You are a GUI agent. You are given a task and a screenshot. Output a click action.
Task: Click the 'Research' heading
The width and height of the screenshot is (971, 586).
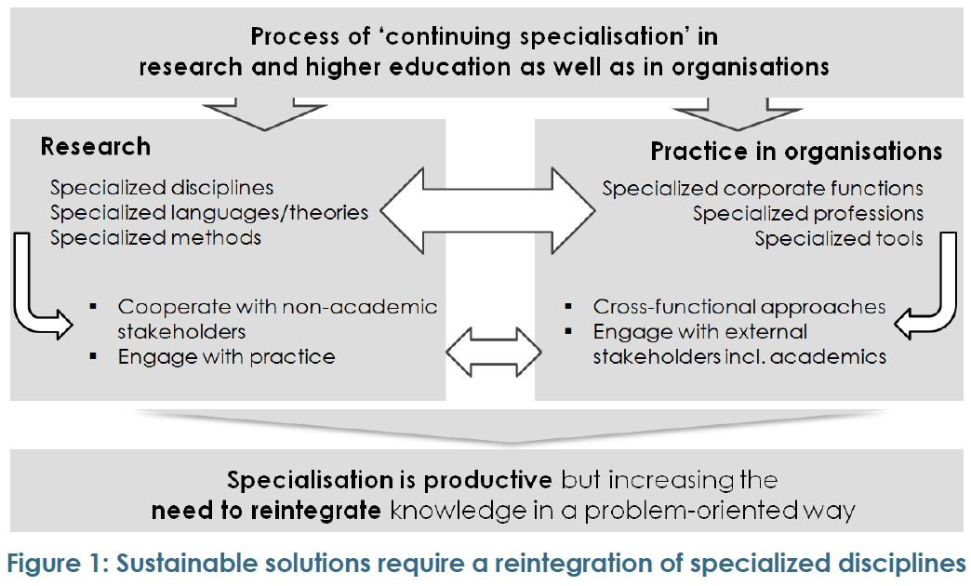(x=96, y=147)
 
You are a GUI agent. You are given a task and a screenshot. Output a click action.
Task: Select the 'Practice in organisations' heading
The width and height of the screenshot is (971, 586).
(x=796, y=152)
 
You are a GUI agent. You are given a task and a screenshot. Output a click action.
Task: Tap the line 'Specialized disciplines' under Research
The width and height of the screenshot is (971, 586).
(x=162, y=188)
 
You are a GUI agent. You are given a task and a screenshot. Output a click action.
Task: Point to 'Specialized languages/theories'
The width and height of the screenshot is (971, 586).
(x=209, y=212)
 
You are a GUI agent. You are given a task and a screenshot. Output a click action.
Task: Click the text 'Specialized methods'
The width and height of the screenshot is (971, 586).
(x=155, y=238)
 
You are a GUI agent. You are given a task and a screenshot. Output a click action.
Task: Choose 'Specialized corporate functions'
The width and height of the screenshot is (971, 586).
(x=763, y=188)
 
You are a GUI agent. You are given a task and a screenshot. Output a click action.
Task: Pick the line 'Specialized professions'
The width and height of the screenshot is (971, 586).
(x=807, y=214)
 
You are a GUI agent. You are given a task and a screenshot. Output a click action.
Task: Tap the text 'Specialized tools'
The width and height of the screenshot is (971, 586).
(x=839, y=238)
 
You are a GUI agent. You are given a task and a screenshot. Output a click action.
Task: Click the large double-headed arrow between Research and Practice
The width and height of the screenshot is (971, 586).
(x=488, y=210)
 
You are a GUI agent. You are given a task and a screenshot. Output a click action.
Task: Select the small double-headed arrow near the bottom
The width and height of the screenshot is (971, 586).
(x=494, y=352)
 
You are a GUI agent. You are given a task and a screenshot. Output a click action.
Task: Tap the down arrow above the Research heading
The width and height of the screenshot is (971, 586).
(x=264, y=115)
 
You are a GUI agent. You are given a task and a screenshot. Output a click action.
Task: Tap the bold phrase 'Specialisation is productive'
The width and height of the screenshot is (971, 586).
(x=390, y=480)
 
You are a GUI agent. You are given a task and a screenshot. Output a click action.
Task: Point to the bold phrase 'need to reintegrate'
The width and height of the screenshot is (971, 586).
(x=266, y=511)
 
